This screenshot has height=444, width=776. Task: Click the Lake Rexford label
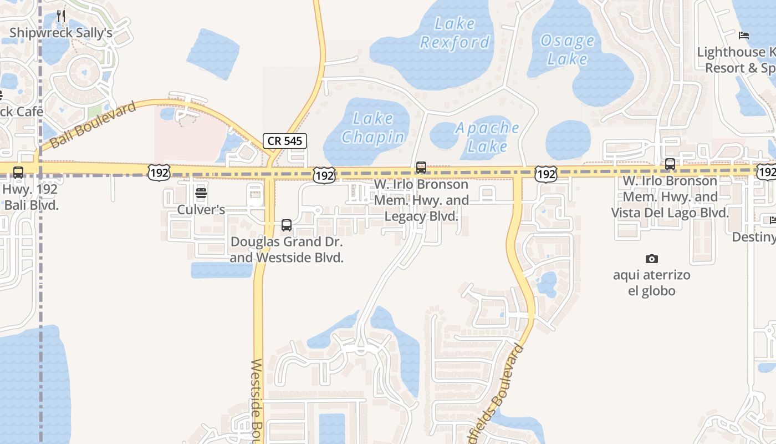point(455,33)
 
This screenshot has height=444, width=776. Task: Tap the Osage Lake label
point(567,49)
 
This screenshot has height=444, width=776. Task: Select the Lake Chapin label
point(372,128)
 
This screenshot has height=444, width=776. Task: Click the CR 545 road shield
point(285,141)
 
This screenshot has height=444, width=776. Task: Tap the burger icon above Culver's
point(201,193)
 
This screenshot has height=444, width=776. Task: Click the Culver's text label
point(201,210)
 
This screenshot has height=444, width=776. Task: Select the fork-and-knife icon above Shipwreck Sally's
point(61,16)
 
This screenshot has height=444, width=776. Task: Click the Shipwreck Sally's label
point(61,33)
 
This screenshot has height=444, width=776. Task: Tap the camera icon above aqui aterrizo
point(652,259)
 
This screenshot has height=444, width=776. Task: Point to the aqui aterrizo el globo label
point(652,282)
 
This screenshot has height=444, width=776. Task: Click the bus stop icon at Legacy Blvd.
point(421,167)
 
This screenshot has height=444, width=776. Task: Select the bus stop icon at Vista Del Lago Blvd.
point(670,164)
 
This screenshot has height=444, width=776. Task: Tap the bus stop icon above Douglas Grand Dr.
point(287,225)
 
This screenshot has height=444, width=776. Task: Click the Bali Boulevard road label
point(93,125)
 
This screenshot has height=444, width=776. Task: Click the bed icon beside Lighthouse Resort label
point(744,36)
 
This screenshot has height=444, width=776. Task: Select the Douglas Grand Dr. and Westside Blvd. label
point(287,250)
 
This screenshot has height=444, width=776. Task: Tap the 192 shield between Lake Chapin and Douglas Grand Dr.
point(324,176)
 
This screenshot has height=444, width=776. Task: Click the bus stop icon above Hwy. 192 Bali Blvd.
point(18,173)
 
